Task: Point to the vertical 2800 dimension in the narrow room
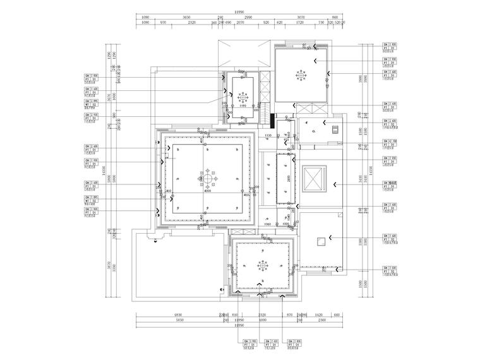point(288,179)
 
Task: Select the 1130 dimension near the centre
point(268,136)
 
